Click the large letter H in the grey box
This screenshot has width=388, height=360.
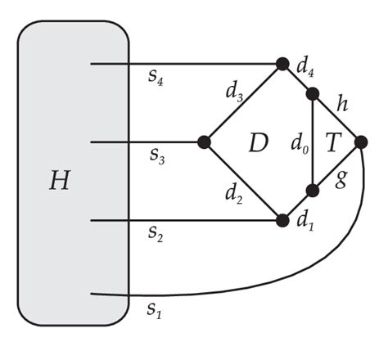click(59, 181)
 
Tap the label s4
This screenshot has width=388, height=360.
click(153, 79)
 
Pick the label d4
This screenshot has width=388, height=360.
click(308, 70)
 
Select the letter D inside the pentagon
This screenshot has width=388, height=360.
click(259, 144)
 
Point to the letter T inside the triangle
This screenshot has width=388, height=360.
click(333, 145)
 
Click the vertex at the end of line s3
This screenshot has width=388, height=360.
click(205, 142)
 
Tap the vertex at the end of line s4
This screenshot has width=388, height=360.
click(282, 63)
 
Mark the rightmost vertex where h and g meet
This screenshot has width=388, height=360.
click(361, 142)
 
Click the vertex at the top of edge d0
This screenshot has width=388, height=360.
click(313, 94)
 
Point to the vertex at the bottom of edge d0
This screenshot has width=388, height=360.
click(313, 191)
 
